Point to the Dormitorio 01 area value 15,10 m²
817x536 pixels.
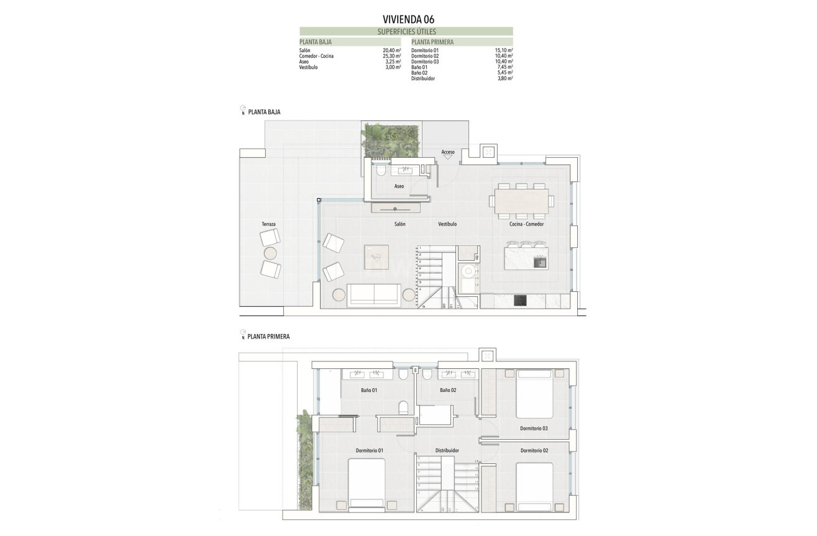click(x=503, y=50)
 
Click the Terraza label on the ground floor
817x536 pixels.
click(x=268, y=224)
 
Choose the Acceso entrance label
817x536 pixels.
click(x=447, y=152)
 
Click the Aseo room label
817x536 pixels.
click(x=399, y=186)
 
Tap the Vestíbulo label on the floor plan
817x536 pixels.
click(x=447, y=224)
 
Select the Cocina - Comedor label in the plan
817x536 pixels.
click(x=526, y=224)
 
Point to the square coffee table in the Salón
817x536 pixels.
click(x=377, y=257)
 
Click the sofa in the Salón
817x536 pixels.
click(x=373, y=295)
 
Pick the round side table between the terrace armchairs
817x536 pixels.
click(x=270, y=253)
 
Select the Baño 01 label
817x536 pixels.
click(x=369, y=391)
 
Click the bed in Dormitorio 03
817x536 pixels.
click(x=534, y=394)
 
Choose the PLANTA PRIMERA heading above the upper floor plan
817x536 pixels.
click(x=268, y=337)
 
